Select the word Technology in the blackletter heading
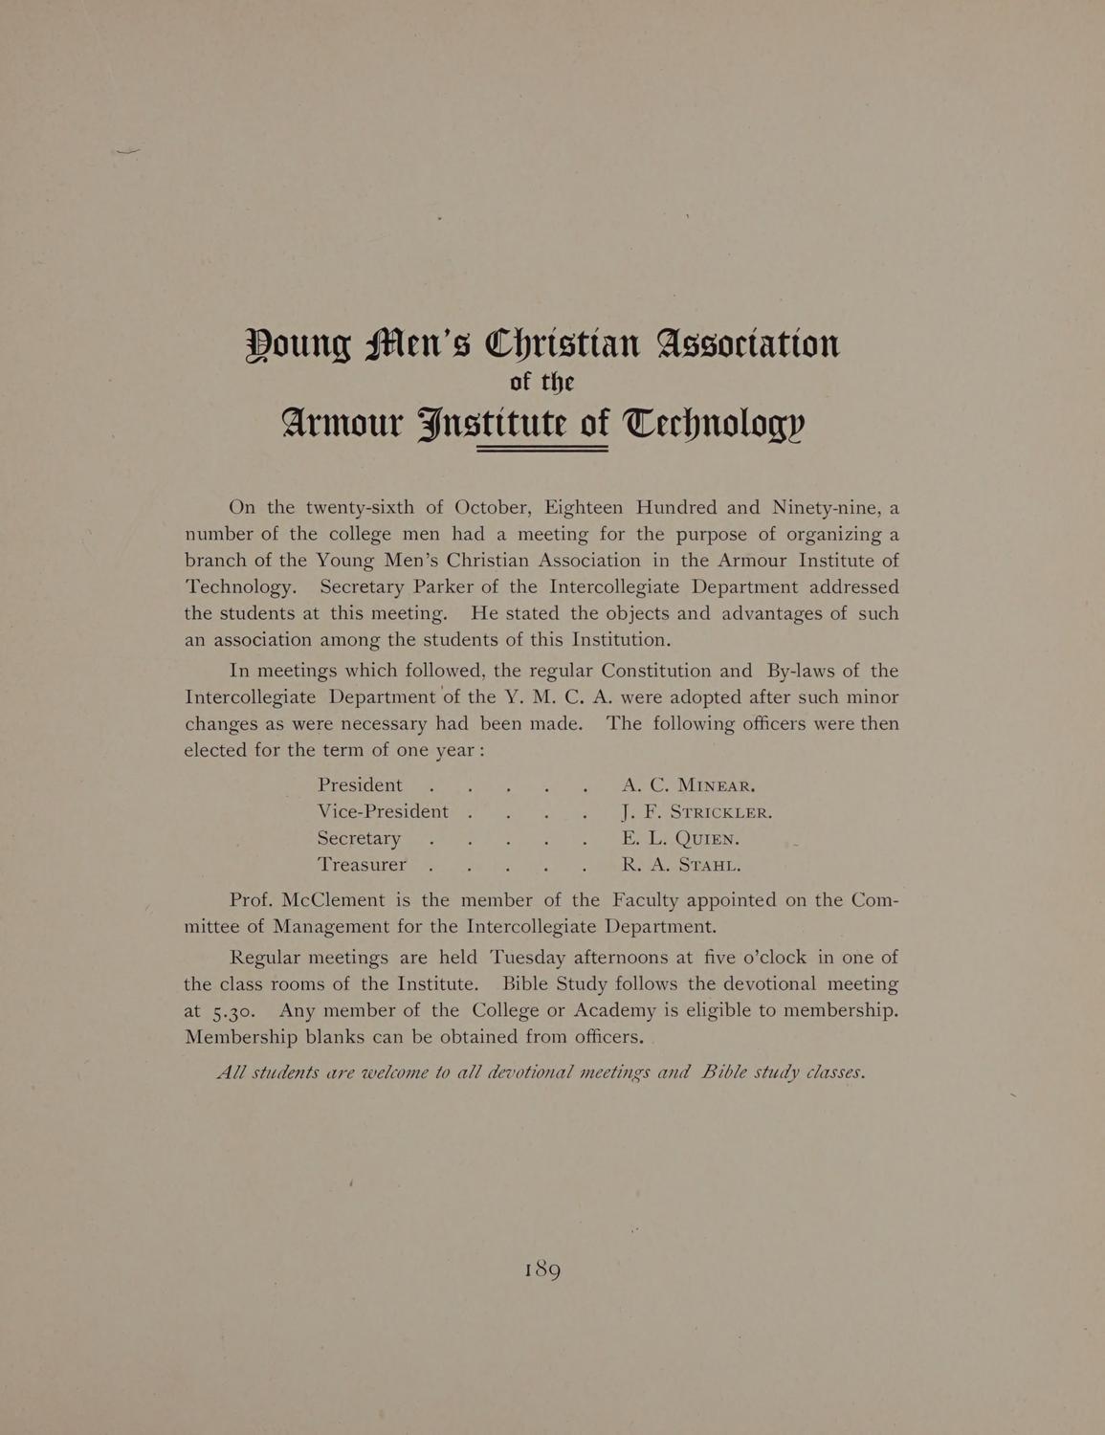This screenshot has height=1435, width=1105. tap(715, 422)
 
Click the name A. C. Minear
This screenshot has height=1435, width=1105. tap(688, 786)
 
